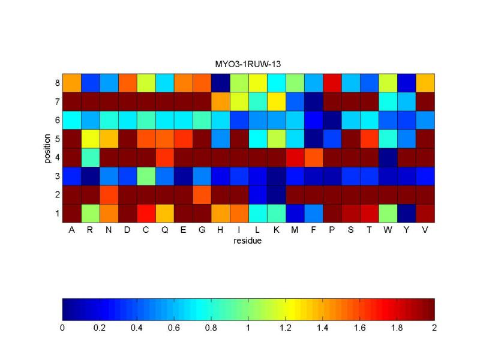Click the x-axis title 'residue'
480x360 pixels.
click(248, 242)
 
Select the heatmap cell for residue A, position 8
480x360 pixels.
click(71, 82)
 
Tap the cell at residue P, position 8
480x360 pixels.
click(332, 82)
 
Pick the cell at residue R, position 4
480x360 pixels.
click(91, 157)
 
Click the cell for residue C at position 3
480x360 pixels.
click(146, 176)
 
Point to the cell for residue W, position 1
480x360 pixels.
click(388, 213)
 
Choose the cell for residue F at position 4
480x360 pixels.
click(314, 157)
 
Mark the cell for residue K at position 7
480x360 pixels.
click(277, 101)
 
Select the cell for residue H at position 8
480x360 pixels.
click(221, 82)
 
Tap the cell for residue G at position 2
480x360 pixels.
click(202, 194)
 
